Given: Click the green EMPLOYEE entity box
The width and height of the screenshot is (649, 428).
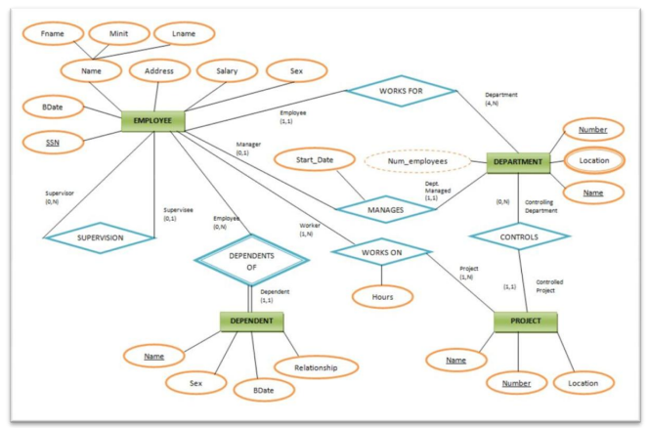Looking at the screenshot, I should (152, 121).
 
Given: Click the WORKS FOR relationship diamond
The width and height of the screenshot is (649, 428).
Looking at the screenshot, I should (402, 93).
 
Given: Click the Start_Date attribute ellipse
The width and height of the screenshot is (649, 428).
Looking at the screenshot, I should (311, 158).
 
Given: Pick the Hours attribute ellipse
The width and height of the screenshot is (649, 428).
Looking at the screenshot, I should (382, 295).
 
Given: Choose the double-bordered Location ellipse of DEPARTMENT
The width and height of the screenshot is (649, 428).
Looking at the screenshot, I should (593, 161).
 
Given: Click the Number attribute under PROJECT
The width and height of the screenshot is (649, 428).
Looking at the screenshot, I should (517, 383).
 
